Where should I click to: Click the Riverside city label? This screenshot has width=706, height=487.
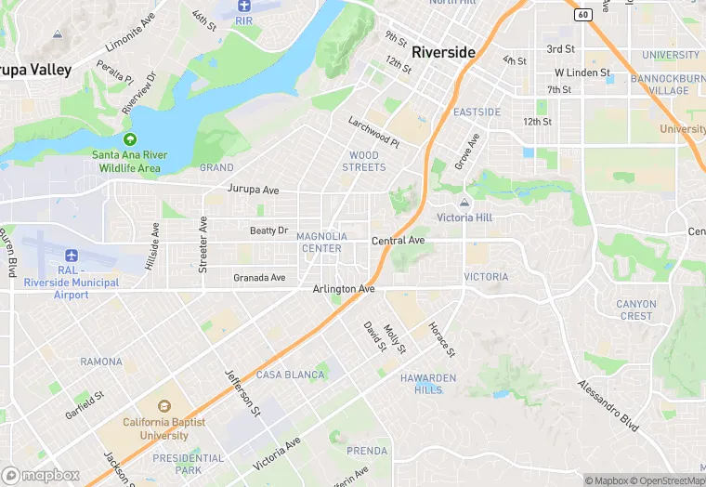click(x=444, y=52)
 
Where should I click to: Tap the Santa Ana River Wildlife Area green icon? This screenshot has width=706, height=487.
click(x=129, y=138)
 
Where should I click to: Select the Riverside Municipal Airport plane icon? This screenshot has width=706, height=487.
click(x=72, y=255)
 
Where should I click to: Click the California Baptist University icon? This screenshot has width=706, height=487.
click(x=163, y=407)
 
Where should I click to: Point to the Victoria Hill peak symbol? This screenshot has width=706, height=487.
click(x=464, y=203)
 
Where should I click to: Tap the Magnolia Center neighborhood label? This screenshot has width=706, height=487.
click(x=321, y=243)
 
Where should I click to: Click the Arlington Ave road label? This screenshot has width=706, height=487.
click(x=343, y=289)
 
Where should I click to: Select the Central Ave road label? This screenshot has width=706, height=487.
click(x=398, y=241)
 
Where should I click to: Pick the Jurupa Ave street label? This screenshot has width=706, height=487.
click(x=253, y=190)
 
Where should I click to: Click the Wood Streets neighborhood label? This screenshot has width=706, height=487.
click(x=363, y=161)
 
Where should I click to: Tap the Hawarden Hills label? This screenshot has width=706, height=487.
click(x=428, y=384)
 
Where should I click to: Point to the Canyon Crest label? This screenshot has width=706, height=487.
click(x=636, y=309)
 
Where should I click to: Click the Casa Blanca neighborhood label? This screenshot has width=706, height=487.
click(x=291, y=375)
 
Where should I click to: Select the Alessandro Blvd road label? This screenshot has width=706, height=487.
click(x=608, y=406)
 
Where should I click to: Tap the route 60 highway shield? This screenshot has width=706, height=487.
click(x=582, y=14)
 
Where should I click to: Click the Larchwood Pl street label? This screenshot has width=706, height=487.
click(x=373, y=132)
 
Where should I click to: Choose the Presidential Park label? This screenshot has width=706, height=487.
click(x=189, y=464)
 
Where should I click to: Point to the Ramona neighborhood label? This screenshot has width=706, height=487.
click(x=101, y=362)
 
